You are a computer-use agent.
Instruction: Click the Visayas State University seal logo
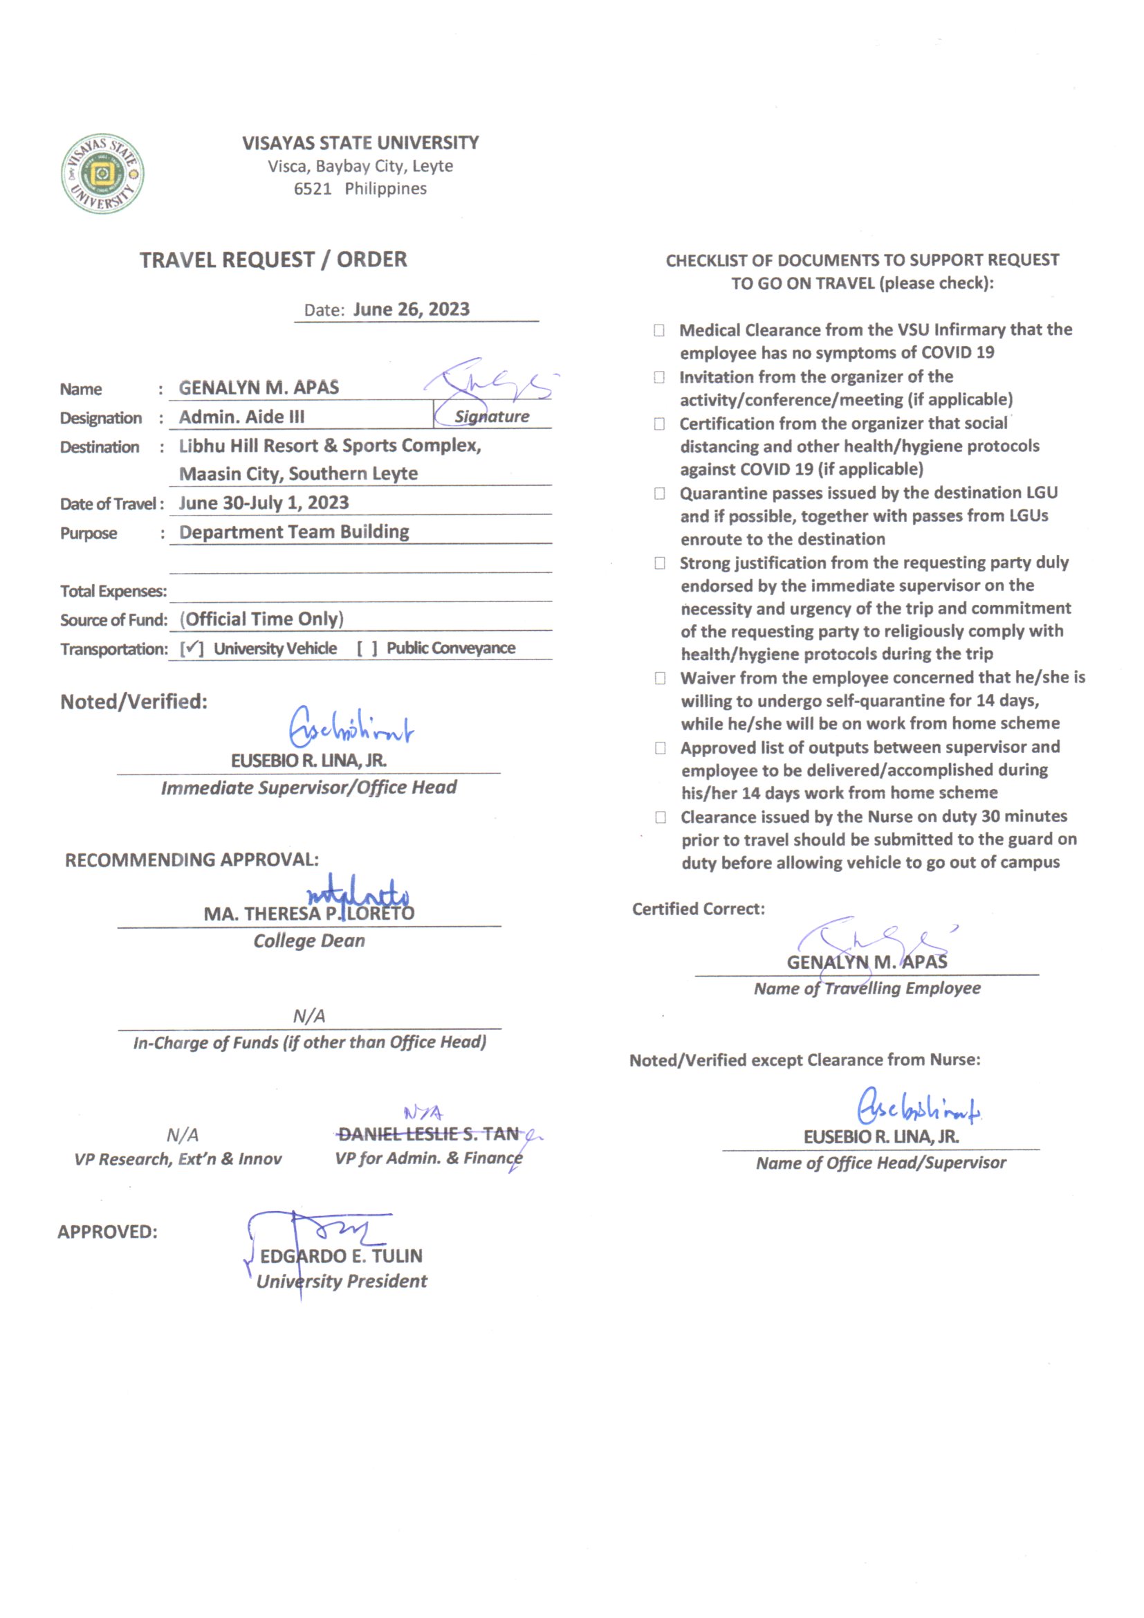point(102,173)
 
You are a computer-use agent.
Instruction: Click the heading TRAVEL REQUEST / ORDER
point(273,260)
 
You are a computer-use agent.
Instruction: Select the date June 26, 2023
point(411,309)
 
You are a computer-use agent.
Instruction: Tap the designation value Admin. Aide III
point(241,417)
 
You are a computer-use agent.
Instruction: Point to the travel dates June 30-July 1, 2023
point(264,502)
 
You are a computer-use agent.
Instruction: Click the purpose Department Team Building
point(294,531)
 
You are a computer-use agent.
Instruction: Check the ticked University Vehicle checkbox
point(192,648)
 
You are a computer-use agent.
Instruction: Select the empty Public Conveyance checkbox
point(367,648)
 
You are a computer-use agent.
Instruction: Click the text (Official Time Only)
point(262,619)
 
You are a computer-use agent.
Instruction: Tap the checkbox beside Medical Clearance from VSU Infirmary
point(658,330)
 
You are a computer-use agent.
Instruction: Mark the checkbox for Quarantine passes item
point(659,493)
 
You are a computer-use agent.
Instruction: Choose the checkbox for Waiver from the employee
point(660,678)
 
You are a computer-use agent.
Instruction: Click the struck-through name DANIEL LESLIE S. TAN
point(428,1134)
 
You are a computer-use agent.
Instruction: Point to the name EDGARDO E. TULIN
point(342,1256)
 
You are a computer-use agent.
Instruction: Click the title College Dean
point(309,940)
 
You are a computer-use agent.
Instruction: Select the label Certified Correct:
point(698,909)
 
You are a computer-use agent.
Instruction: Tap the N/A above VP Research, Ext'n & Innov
point(183,1134)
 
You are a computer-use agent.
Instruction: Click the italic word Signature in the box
point(492,417)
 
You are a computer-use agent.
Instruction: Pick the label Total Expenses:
point(113,591)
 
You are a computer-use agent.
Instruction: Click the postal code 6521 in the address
point(312,189)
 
